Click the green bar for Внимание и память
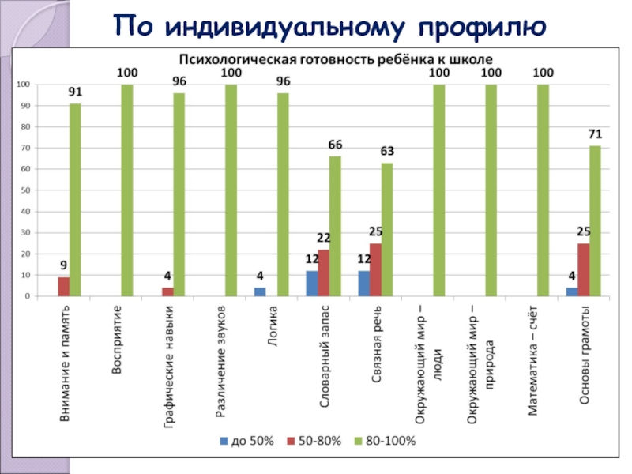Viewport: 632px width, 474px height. coord(74,200)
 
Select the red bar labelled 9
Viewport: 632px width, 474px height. coord(63,287)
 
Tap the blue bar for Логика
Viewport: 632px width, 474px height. coord(260,292)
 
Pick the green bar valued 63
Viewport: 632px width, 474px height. coord(387,229)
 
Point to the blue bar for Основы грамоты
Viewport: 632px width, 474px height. coord(571,292)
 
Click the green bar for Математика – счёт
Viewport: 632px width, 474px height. coord(543,190)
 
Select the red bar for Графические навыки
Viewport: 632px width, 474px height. coord(167,292)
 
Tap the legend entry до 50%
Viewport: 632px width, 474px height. coord(246,441)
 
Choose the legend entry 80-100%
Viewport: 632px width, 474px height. coord(385,441)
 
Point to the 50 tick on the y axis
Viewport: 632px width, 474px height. coord(25,190)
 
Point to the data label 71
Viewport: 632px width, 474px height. coord(595,135)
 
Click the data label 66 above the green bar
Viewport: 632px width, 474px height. coord(335,145)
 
